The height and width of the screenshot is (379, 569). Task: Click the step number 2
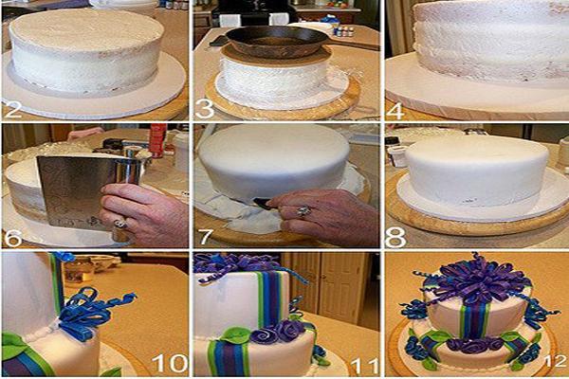click(12, 109)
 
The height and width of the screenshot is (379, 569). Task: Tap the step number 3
click(205, 109)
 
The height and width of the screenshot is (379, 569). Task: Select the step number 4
click(395, 110)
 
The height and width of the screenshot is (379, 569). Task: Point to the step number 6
click(12, 237)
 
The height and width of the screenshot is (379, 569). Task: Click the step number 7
click(206, 237)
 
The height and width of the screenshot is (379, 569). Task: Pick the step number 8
click(395, 237)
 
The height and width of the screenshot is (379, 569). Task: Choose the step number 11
click(365, 365)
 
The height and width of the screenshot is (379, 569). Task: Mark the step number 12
click(556, 360)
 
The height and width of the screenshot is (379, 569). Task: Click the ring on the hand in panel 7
click(303, 210)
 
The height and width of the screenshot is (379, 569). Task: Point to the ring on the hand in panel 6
click(120, 224)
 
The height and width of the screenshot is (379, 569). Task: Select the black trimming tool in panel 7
click(263, 204)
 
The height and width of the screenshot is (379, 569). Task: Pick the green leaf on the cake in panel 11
click(236, 335)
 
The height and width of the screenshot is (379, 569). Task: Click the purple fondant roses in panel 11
click(278, 332)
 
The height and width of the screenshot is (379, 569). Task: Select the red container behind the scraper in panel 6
click(157, 139)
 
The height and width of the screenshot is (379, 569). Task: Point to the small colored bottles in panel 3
click(343, 31)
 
